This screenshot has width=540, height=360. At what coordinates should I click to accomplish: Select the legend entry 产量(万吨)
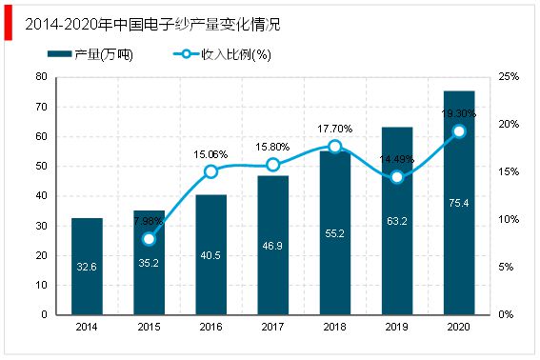tap(104, 54)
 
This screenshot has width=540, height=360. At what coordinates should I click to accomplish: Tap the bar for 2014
tap(87, 267)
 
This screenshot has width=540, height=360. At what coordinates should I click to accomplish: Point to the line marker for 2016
tap(211, 171)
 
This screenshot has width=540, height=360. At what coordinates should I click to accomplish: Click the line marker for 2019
tap(397, 177)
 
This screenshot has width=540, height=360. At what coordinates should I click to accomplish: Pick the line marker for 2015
tap(149, 239)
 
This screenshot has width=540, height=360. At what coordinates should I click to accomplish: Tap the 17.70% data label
tap(335, 129)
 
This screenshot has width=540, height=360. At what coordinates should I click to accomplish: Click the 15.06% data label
tap(210, 153)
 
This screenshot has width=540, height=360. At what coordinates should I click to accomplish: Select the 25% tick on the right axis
tap(510, 76)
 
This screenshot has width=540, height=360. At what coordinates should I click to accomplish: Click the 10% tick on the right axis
tap(510, 219)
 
